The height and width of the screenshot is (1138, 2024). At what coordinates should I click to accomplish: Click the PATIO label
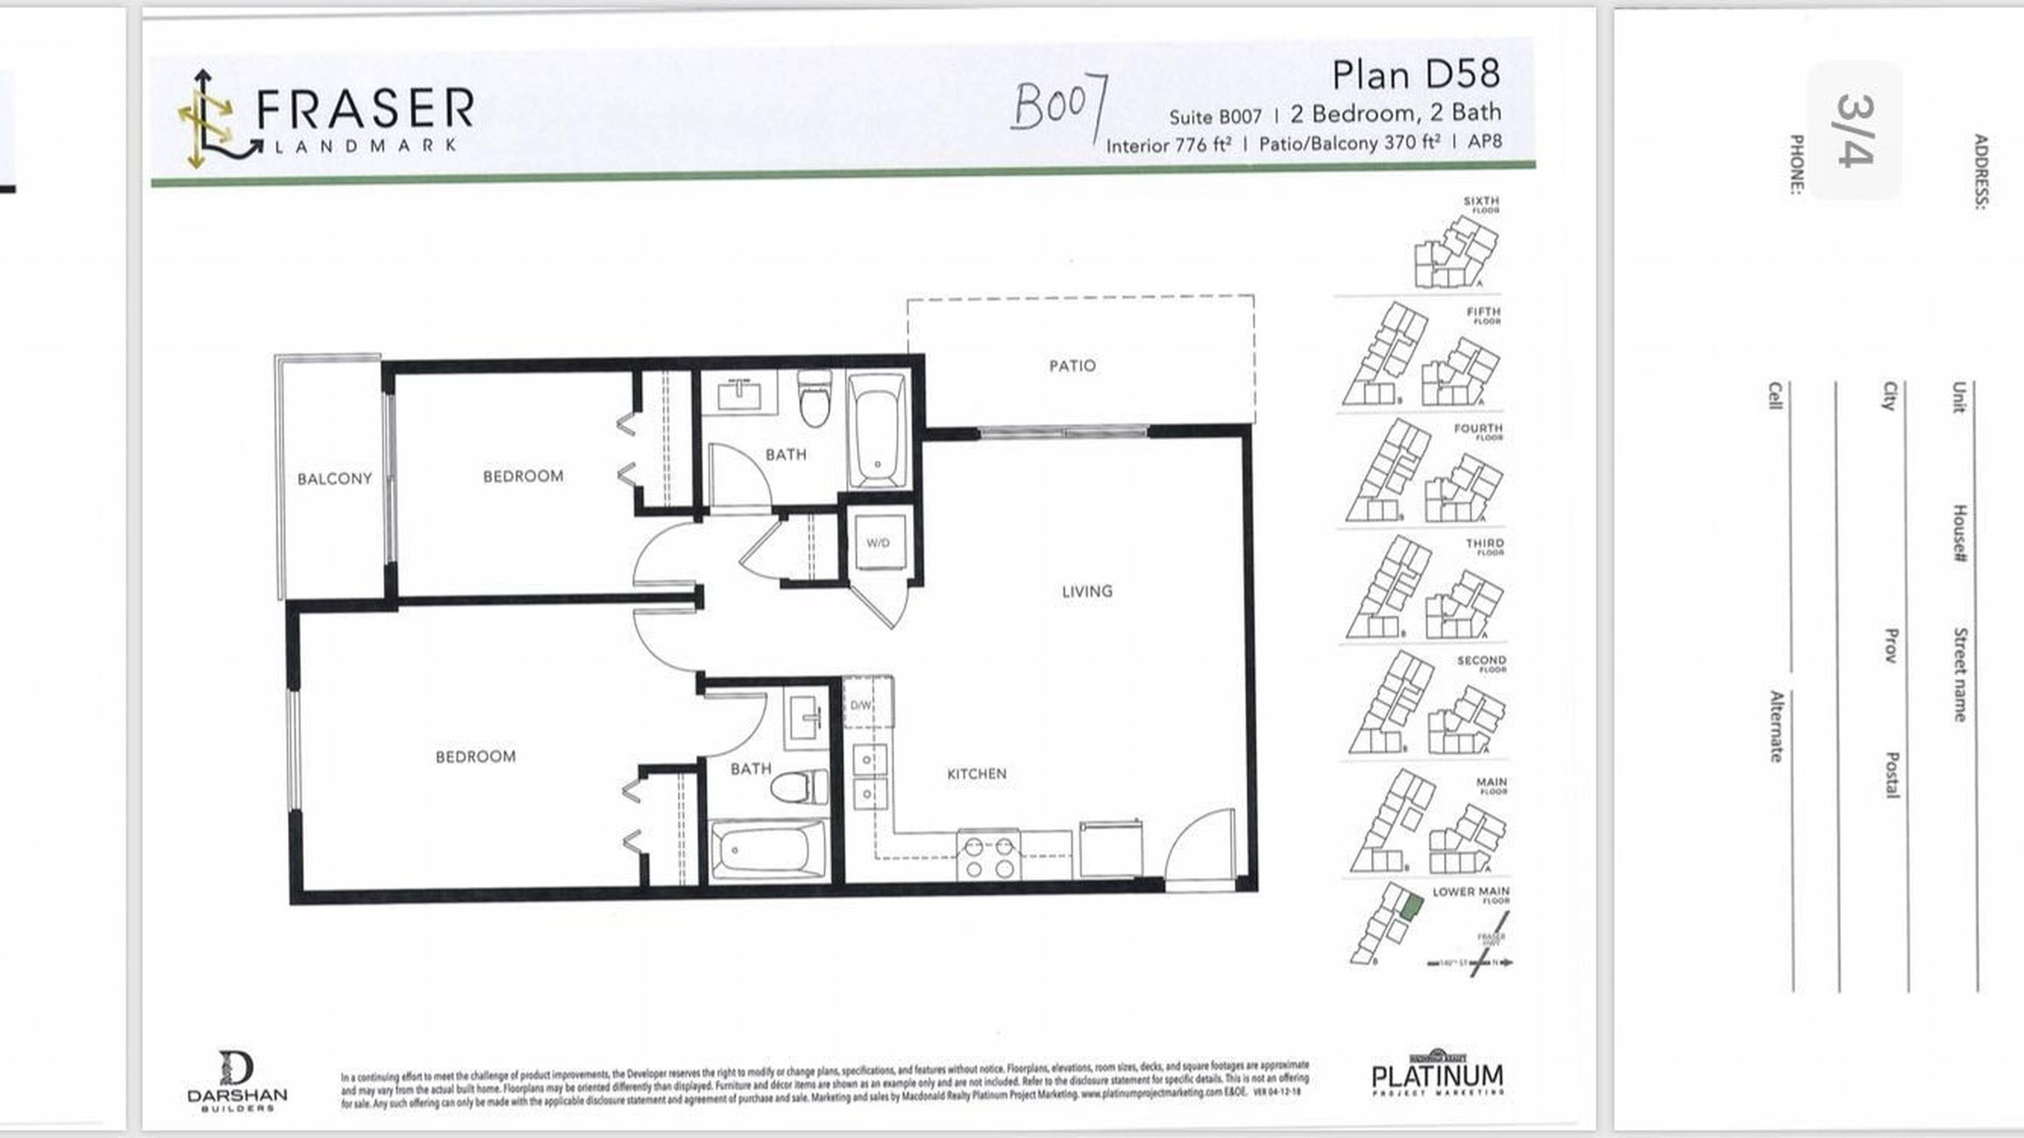tap(1072, 365)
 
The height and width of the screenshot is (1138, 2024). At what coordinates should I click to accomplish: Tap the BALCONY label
tap(334, 479)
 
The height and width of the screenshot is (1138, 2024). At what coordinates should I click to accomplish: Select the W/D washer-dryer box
tap(878, 543)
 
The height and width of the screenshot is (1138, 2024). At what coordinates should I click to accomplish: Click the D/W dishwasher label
tap(861, 705)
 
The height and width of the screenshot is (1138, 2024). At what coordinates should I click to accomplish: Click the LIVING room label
tap(1087, 591)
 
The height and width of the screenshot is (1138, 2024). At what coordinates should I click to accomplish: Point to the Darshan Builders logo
tap(237, 1081)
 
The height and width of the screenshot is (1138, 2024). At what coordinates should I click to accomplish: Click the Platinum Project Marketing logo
tap(1437, 1074)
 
